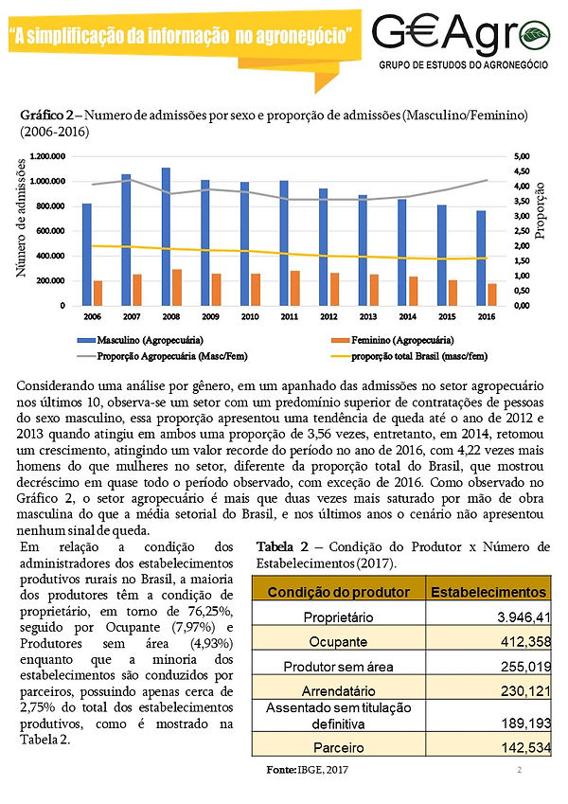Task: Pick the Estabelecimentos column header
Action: (489, 592)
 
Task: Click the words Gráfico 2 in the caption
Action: (46, 115)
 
